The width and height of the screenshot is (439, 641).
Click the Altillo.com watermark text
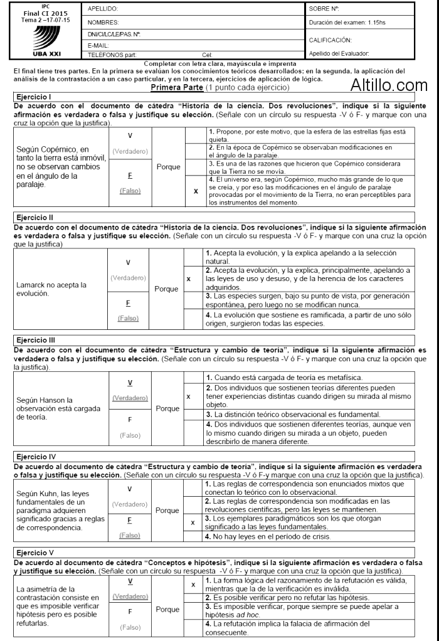(388, 85)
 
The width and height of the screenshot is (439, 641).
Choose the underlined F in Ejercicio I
(129, 177)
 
